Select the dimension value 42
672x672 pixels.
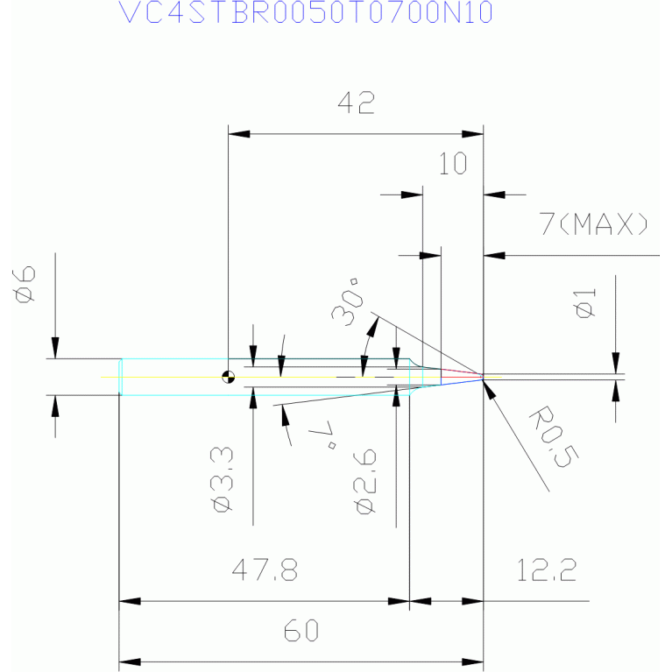coord(357,104)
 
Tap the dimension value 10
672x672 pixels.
coord(453,164)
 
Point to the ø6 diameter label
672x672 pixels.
coord(25,283)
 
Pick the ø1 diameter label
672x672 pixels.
coord(587,303)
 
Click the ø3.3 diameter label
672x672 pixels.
coord(222,477)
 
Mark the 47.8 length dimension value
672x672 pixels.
coord(265,571)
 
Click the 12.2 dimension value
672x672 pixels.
coord(546,571)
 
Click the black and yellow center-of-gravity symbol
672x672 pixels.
coord(229,378)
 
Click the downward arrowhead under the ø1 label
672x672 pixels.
coord(616,364)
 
